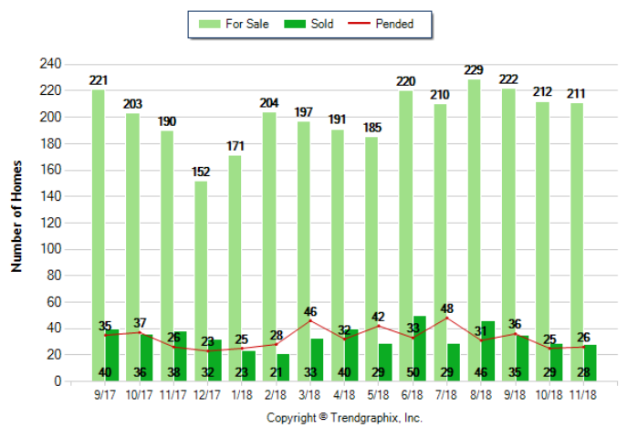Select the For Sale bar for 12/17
click(201, 265)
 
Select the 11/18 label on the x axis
click(584, 396)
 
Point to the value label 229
click(475, 70)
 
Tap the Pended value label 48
click(448, 308)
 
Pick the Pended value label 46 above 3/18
click(311, 310)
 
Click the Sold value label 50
click(413, 372)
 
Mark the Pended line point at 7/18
click(448, 318)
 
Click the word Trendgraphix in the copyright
click(373, 417)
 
